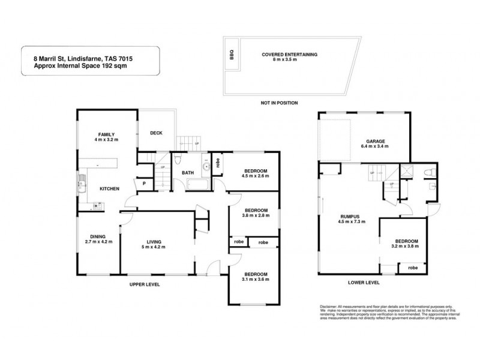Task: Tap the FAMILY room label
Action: [x=107, y=134]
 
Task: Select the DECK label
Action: [x=157, y=133]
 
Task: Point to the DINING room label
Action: [x=98, y=236]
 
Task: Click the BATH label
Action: [x=188, y=173]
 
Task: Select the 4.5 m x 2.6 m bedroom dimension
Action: [x=254, y=177]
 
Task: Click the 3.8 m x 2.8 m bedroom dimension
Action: [x=254, y=217]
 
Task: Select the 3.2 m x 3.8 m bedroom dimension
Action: [x=404, y=247]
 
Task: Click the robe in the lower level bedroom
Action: [x=413, y=267]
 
